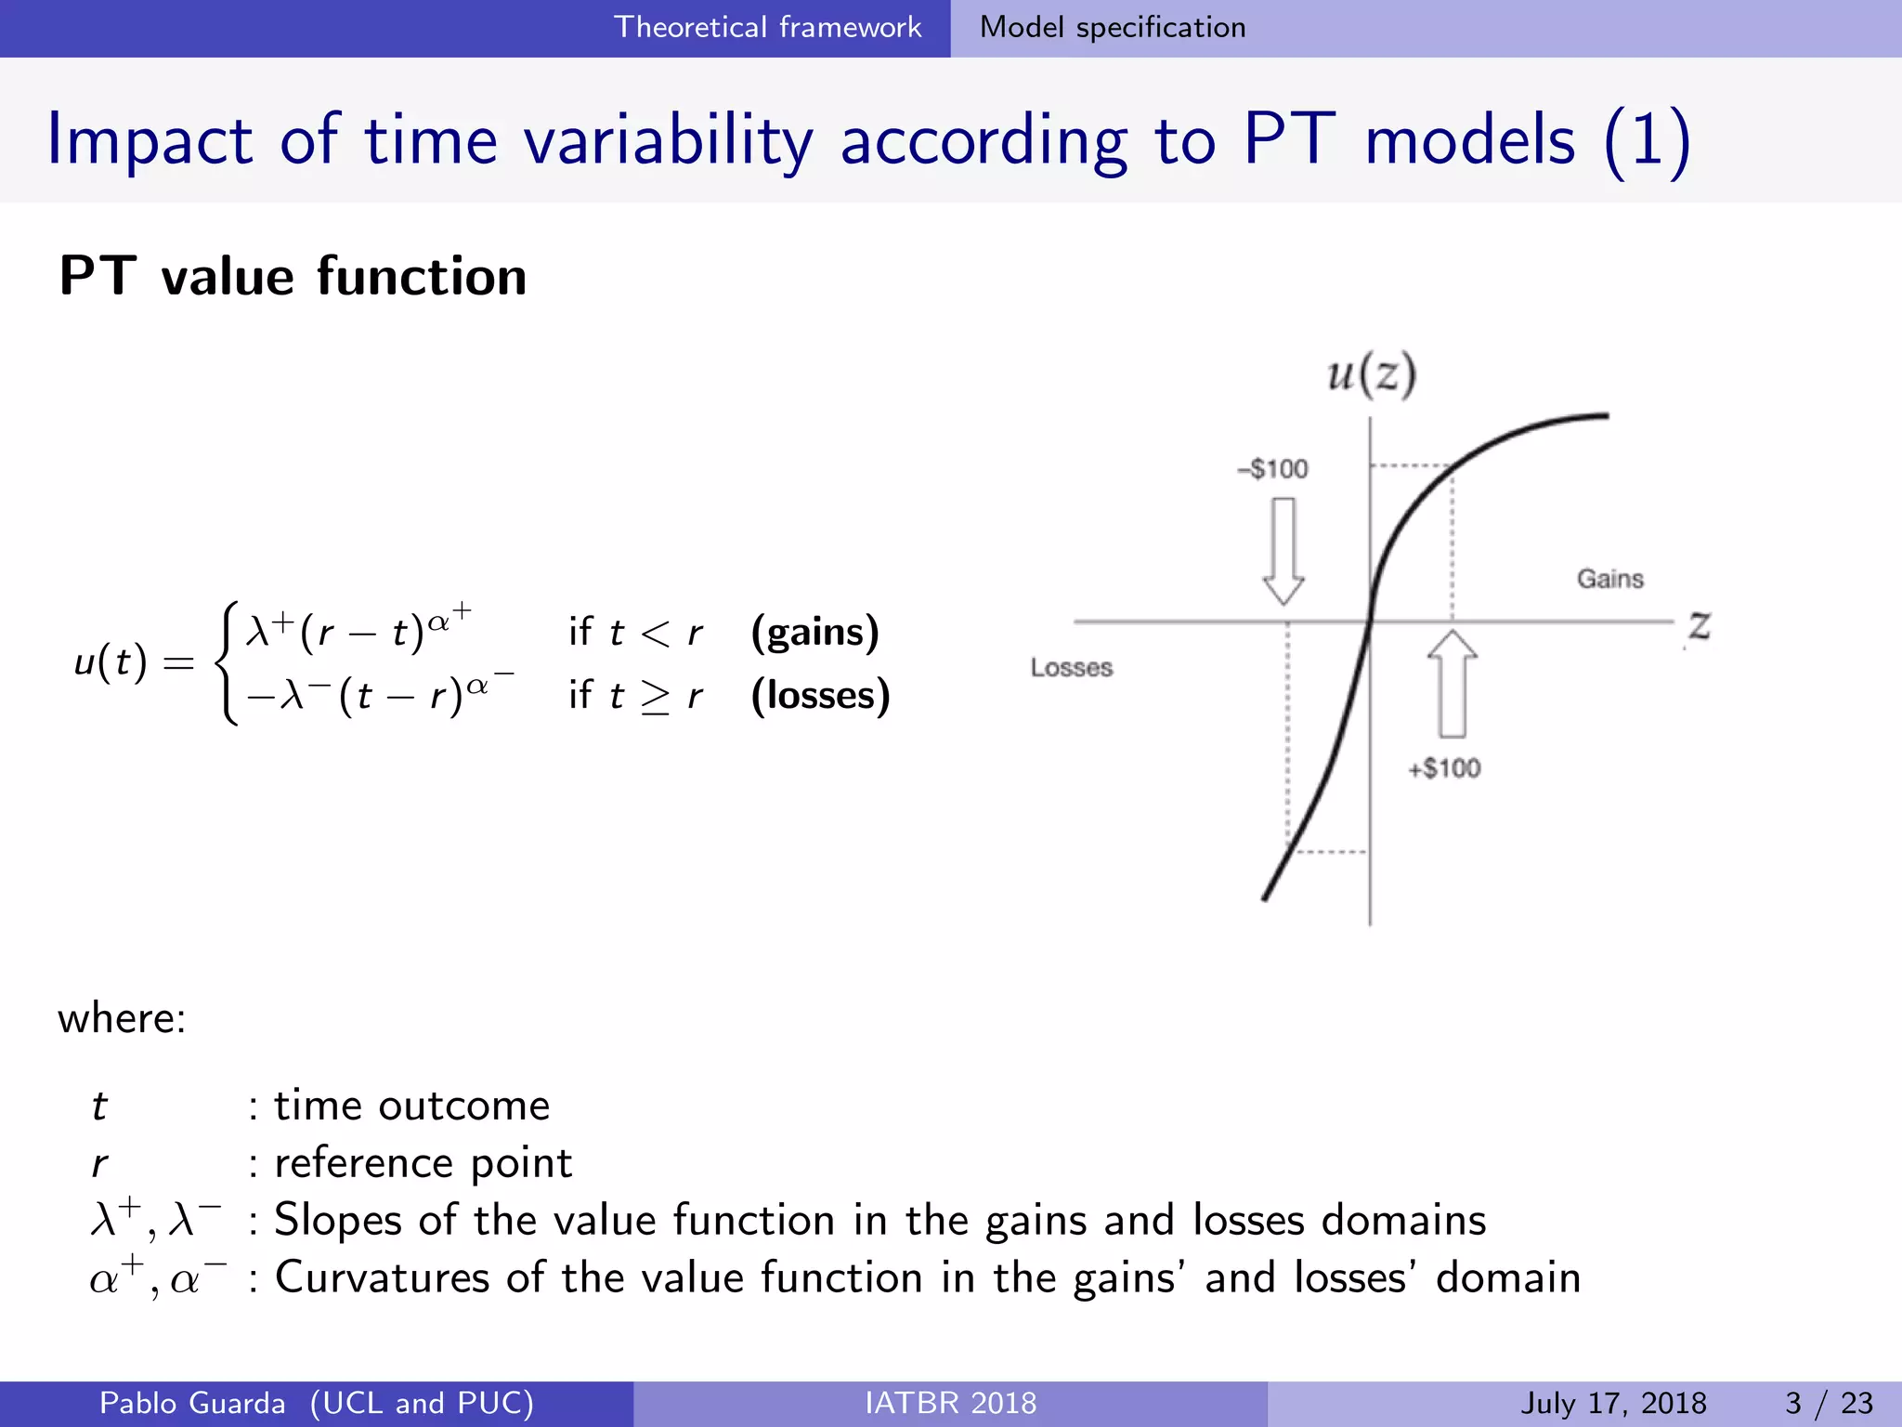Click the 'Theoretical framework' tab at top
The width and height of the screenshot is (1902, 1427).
(767, 27)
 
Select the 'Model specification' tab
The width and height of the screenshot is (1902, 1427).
(1112, 27)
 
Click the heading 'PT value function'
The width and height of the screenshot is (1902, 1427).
(293, 276)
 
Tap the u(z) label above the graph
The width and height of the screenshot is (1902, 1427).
(1371, 374)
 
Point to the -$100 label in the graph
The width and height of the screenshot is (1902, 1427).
(1272, 468)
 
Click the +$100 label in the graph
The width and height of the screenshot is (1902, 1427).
(1444, 768)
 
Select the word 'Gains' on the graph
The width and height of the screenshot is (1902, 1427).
(1609, 579)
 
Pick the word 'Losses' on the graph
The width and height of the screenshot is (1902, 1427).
(1071, 667)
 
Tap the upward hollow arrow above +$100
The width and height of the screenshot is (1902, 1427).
(1453, 685)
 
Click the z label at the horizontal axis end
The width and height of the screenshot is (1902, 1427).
(1699, 626)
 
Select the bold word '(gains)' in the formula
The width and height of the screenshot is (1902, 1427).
(814, 632)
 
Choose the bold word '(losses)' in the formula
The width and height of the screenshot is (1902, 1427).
(820, 695)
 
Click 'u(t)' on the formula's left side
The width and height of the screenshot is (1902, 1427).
(111, 662)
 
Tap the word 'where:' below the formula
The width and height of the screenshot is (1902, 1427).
(122, 1018)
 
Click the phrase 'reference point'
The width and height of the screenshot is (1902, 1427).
(423, 1162)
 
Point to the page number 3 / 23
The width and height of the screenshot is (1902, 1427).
(1829, 1403)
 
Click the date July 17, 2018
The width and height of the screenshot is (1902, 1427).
(1613, 1403)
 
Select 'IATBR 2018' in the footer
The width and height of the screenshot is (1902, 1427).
(950, 1403)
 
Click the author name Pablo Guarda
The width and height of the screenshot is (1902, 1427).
(192, 1403)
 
